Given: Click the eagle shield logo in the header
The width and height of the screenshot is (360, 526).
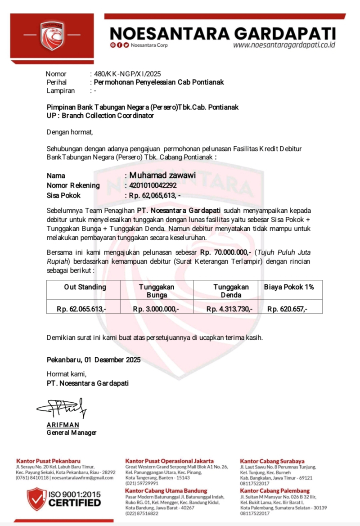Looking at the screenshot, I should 52,35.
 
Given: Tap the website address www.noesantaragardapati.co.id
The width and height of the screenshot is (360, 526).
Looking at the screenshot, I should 284,45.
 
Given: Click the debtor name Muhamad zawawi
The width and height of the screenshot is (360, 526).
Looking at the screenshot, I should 162,175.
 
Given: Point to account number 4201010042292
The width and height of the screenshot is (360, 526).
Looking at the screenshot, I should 153,185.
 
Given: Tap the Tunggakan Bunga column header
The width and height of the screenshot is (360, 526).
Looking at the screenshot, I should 157,291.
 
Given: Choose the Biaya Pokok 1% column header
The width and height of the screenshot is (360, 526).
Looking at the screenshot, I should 289,287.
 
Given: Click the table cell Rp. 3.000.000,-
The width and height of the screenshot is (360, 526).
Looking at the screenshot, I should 156,309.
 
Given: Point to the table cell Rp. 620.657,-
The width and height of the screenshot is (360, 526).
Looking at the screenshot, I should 288,309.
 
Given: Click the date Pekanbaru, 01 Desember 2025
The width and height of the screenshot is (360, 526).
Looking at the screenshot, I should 94,360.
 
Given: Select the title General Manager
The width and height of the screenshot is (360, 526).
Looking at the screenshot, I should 72,433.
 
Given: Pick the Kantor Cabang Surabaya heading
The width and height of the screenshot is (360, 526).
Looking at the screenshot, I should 272,461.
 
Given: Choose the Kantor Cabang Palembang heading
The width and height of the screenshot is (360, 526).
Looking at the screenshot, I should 274,490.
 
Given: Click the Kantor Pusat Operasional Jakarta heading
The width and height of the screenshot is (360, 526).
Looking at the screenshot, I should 169,461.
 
